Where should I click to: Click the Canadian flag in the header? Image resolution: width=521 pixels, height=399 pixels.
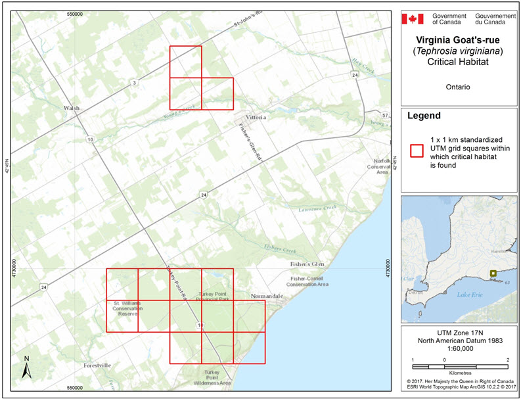[413, 18]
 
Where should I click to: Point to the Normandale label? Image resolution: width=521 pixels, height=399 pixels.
[266, 296]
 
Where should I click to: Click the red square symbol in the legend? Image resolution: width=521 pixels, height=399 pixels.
[415, 151]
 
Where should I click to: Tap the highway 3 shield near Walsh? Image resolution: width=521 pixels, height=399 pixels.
[134, 82]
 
